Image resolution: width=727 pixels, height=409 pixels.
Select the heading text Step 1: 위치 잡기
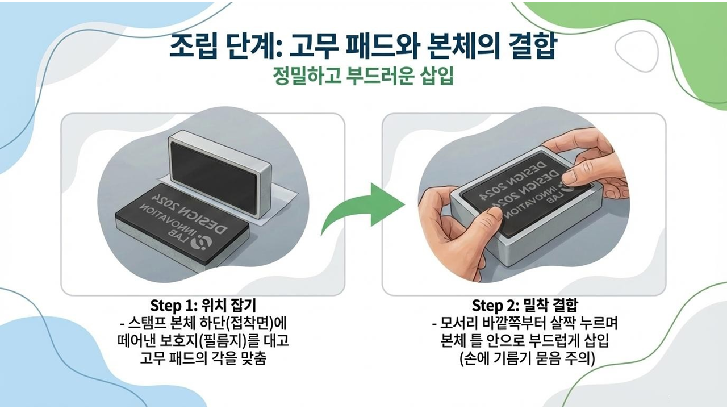pyautogui.click(x=203, y=305)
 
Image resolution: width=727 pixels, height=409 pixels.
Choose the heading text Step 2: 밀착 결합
pyautogui.click(x=525, y=305)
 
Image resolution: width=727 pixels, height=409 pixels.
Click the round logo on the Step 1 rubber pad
pyautogui.click(x=202, y=243)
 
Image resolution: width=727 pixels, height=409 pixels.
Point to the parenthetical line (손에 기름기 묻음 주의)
pyautogui.click(x=527, y=358)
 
